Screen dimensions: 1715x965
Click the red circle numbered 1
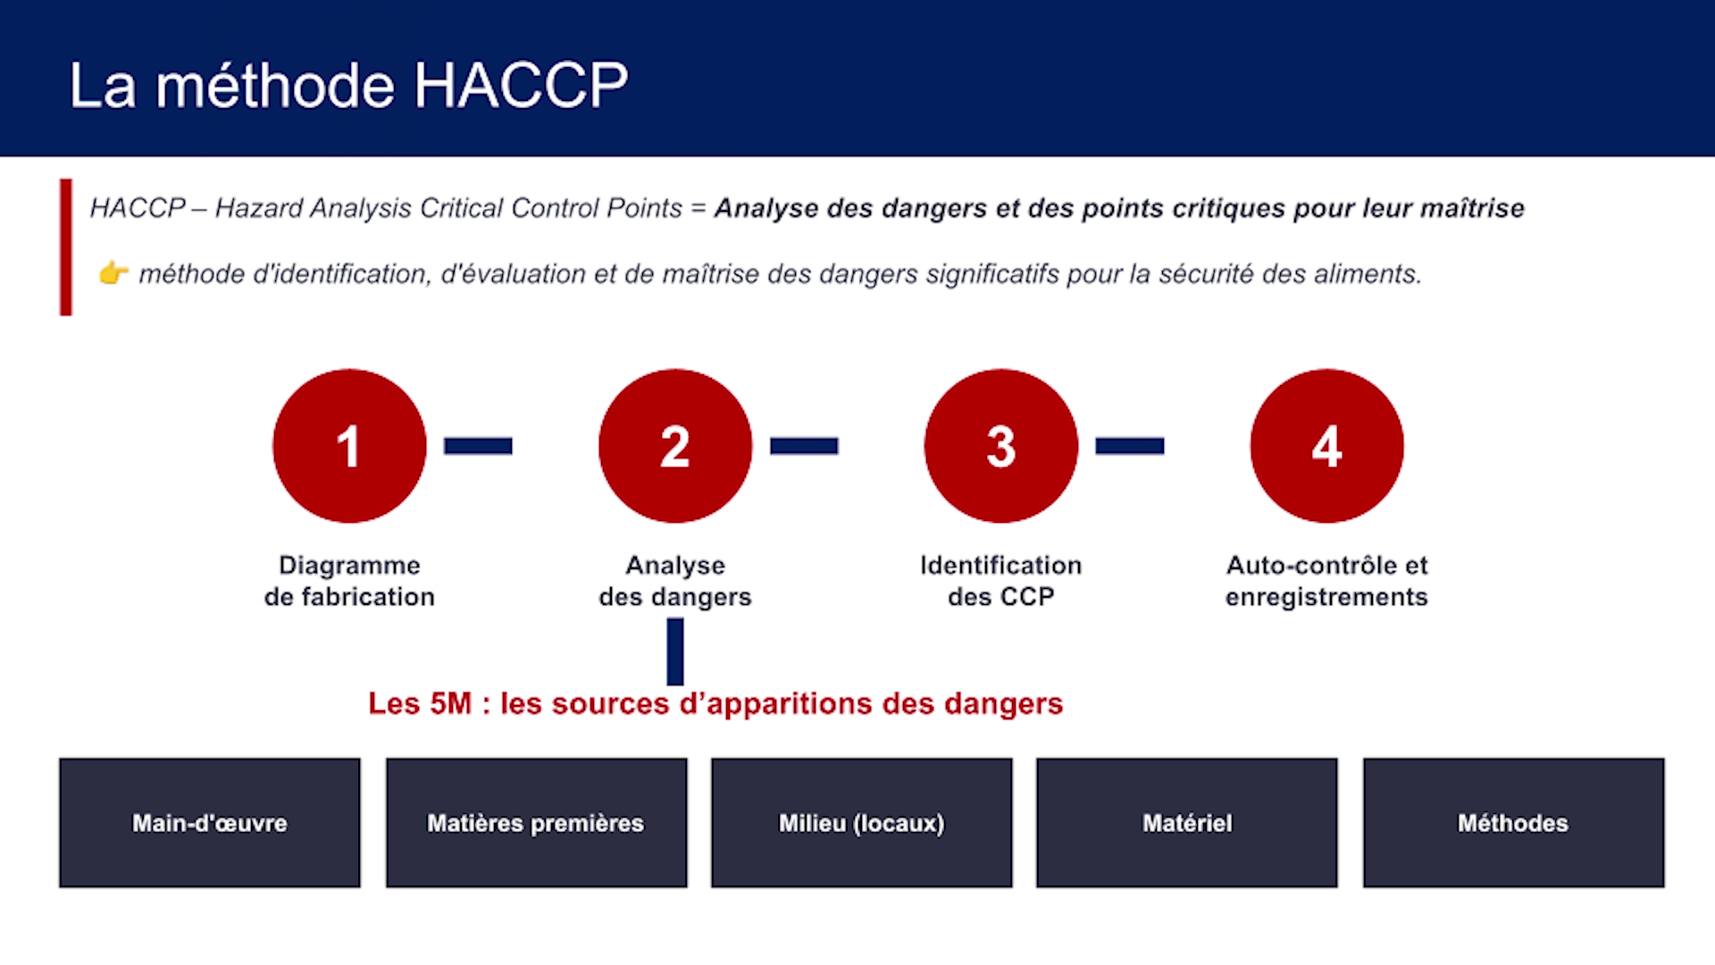349,446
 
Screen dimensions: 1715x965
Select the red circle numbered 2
675,446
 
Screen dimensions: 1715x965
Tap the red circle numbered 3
1001,446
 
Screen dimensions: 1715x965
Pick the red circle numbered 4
1327,446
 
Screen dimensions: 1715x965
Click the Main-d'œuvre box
210,823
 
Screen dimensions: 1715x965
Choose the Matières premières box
536,823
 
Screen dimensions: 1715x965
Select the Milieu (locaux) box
862,823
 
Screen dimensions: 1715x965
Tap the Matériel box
1187,823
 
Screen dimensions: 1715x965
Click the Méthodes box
1513,823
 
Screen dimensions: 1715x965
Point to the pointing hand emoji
113,273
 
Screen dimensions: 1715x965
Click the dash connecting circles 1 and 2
478,446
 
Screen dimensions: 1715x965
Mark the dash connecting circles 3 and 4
1130,446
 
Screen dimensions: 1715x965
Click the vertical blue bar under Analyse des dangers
675,651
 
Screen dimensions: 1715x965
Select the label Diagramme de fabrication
349,581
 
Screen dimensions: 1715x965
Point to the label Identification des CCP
1001,581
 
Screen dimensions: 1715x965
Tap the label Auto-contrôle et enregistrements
1327,581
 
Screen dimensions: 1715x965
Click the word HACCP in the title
521,86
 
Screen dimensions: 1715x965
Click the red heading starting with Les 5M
715,704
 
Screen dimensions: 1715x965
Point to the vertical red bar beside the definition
66,248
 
